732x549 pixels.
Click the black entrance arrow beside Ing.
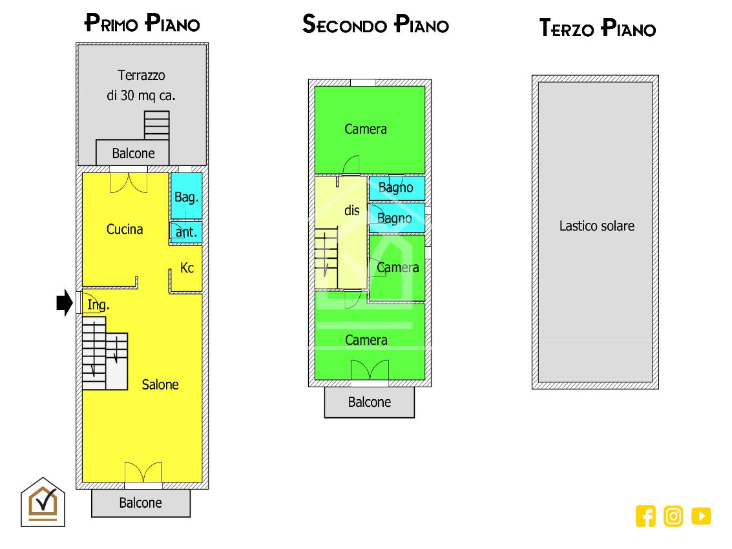[65, 302]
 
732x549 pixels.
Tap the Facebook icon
[645, 516]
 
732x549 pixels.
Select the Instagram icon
[673, 516]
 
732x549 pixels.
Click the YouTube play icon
[701, 516]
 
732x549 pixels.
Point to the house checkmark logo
[43, 502]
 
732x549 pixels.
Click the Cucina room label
[125, 229]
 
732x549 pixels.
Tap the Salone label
[160, 385]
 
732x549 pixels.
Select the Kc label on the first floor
[187, 268]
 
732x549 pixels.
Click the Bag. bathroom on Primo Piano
[186, 196]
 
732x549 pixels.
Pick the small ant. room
[186, 232]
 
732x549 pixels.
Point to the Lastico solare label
[596, 226]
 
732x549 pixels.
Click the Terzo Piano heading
[598, 28]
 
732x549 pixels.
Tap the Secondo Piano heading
[376, 24]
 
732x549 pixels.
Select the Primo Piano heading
[142, 23]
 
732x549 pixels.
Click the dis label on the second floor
[352, 211]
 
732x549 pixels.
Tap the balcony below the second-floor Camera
[370, 402]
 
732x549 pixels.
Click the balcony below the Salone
[140, 502]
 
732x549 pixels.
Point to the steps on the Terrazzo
[156, 125]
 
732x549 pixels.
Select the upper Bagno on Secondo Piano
[397, 188]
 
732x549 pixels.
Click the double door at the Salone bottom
[143, 472]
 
